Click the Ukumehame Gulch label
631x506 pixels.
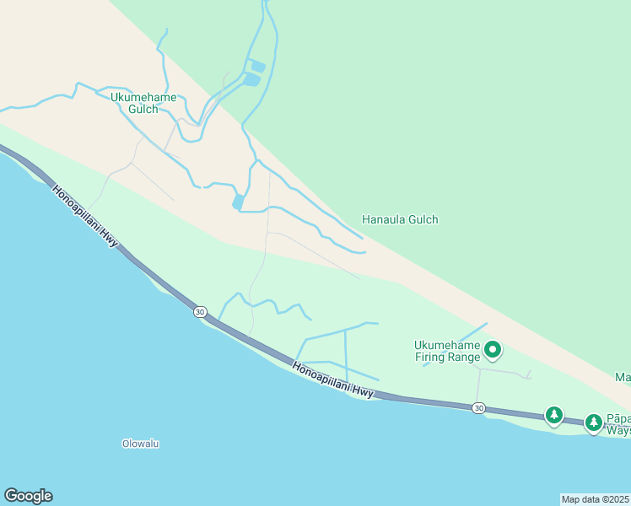tap(144, 103)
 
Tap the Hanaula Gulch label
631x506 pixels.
tap(400, 219)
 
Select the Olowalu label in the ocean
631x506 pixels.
tap(141, 443)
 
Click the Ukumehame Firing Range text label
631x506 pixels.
tap(447, 351)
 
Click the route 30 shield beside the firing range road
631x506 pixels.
tap(479, 408)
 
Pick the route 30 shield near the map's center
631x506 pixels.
tap(199, 312)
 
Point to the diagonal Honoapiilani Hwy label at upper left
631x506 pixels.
tap(85, 216)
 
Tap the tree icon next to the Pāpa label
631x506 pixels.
tap(594, 421)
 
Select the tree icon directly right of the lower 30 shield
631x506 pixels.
tap(553, 414)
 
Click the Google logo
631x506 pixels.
tap(28, 496)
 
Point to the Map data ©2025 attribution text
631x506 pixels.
tap(596, 499)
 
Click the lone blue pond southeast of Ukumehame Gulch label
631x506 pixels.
tap(238, 202)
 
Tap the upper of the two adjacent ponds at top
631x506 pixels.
tap(258, 66)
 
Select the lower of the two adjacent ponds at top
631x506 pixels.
tap(251, 80)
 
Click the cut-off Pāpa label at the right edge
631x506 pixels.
tap(618, 424)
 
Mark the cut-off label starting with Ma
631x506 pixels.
tap(623, 378)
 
